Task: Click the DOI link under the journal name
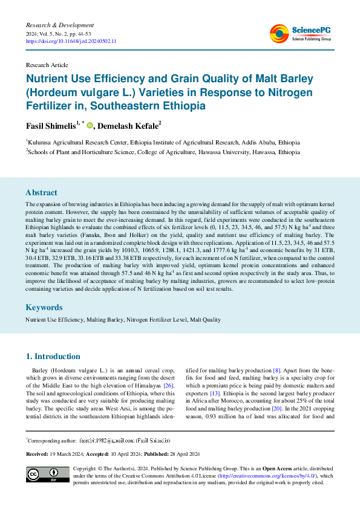click(71, 41)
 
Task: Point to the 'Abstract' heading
click(42, 193)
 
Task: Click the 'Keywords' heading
click(44, 307)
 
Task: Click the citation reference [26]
click(169, 386)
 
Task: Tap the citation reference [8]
click(277, 369)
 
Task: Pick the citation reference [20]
click(277, 409)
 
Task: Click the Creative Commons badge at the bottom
click(47, 475)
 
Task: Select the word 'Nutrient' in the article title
click(50, 79)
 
